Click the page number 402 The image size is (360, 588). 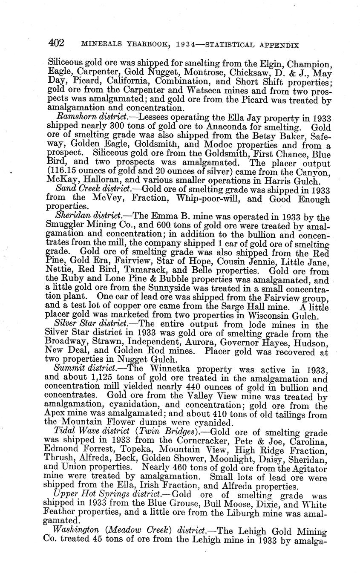tap(56, 43)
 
